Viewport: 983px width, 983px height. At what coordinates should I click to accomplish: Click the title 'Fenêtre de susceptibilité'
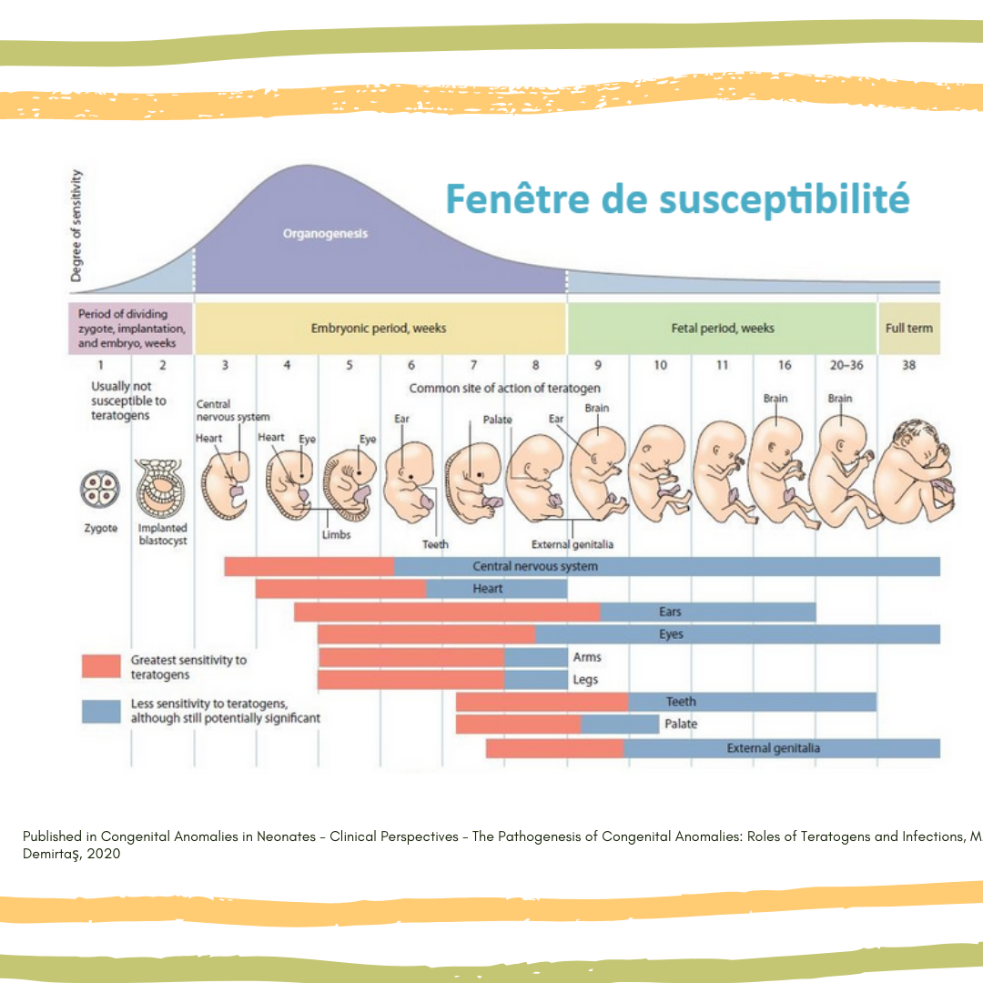pos(677,198)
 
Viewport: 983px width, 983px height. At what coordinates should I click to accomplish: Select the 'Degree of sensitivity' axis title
pos(79,226)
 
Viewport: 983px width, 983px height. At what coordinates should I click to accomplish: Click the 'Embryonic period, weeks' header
pos(379,328)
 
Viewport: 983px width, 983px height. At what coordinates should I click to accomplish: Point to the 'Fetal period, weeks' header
pos(723,328)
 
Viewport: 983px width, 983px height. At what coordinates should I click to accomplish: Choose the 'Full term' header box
pos(908,328)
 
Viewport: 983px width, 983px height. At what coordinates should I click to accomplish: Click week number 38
pos(908,365)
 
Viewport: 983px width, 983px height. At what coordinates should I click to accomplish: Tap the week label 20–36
pos(846,365)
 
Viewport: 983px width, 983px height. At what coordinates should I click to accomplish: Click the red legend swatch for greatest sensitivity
pos(101,666)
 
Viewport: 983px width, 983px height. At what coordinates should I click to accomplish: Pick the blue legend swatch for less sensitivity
pos(101,711)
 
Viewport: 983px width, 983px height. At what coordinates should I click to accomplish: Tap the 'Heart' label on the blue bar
pos(488,589)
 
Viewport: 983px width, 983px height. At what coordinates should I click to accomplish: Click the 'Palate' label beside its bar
pos(681,725)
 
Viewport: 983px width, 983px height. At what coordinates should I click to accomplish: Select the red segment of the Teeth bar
pos(542,702)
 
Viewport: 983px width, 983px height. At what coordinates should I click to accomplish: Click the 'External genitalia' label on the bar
pos(773,748)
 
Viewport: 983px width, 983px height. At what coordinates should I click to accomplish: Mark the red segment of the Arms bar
pos(410,657)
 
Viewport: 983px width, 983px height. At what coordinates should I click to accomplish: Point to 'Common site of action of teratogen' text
pos(504,389)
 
